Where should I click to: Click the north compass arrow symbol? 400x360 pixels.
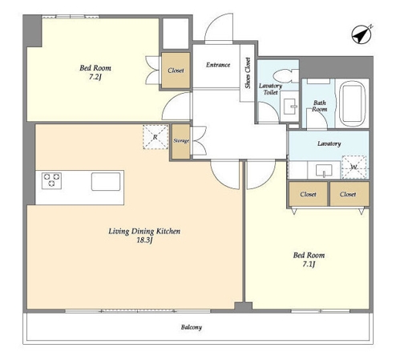(362, 35)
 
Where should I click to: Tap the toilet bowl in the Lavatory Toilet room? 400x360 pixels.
(285, 75)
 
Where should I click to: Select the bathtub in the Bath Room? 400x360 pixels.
(352, 103)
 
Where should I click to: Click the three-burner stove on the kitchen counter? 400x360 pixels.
(51, 180)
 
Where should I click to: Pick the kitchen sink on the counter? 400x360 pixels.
(106, 181)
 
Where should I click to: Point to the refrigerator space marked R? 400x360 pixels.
(156, 137)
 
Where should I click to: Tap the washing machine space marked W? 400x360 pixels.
(354, 168)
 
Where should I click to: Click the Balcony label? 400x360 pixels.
(192, 327)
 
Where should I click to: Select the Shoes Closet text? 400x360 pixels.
(248, 73)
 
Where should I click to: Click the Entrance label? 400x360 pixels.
(218, 65)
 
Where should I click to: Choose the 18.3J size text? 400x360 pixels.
(144, 241)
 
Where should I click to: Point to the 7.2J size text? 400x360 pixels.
(95, 77)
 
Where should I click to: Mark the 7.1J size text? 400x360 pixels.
(309, 265)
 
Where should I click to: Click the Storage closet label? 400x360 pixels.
(181, 140)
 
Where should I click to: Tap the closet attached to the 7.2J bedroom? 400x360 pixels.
(176, 71)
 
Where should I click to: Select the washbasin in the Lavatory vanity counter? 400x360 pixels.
(324, 171)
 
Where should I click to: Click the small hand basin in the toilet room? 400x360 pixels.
(289, 107)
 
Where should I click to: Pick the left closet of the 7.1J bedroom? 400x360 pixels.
(309, 194)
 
